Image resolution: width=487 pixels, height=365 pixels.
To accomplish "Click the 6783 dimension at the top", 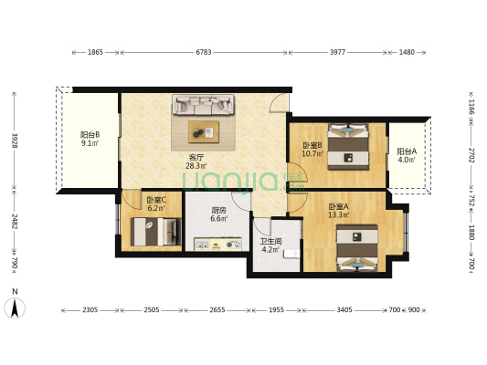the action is click(x=204, y=52).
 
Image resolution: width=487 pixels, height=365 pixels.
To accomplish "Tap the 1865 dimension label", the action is click(x=95, y=52).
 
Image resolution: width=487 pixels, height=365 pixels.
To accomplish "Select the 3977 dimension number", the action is click(x=337, y=52).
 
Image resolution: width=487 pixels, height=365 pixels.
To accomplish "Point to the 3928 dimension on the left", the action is click(x=14, y=141).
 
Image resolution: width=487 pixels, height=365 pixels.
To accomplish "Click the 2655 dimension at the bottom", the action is click(x=217, y=310).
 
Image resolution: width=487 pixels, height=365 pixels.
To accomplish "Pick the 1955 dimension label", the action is click(x=276, y=310).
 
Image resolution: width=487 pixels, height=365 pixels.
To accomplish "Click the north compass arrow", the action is click(x=15, y=308).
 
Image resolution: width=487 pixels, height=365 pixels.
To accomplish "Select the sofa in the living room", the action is click(x=203, y=105).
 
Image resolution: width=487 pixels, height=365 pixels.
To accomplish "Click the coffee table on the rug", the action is click(x=204, y=131).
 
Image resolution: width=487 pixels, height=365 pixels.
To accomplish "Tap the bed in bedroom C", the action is click(x=156, y=232).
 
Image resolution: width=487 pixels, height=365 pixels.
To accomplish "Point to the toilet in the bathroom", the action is click(x=291, y=254).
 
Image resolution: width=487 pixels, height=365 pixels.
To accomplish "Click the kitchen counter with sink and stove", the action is click(x=217, y=244).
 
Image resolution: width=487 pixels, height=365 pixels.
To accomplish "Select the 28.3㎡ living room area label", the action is click(x=196, y=166).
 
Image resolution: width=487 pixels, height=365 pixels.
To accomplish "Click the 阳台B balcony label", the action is click(x=90, y=135).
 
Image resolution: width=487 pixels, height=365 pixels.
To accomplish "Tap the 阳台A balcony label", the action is click(x=407, y=151).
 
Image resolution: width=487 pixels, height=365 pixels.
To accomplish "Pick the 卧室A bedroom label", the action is click(x=339, y=206).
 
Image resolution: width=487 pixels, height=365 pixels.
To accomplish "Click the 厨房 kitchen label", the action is click(x=218, y=211).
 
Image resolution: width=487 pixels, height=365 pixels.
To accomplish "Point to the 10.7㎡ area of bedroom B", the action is click(x=312, y=153).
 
